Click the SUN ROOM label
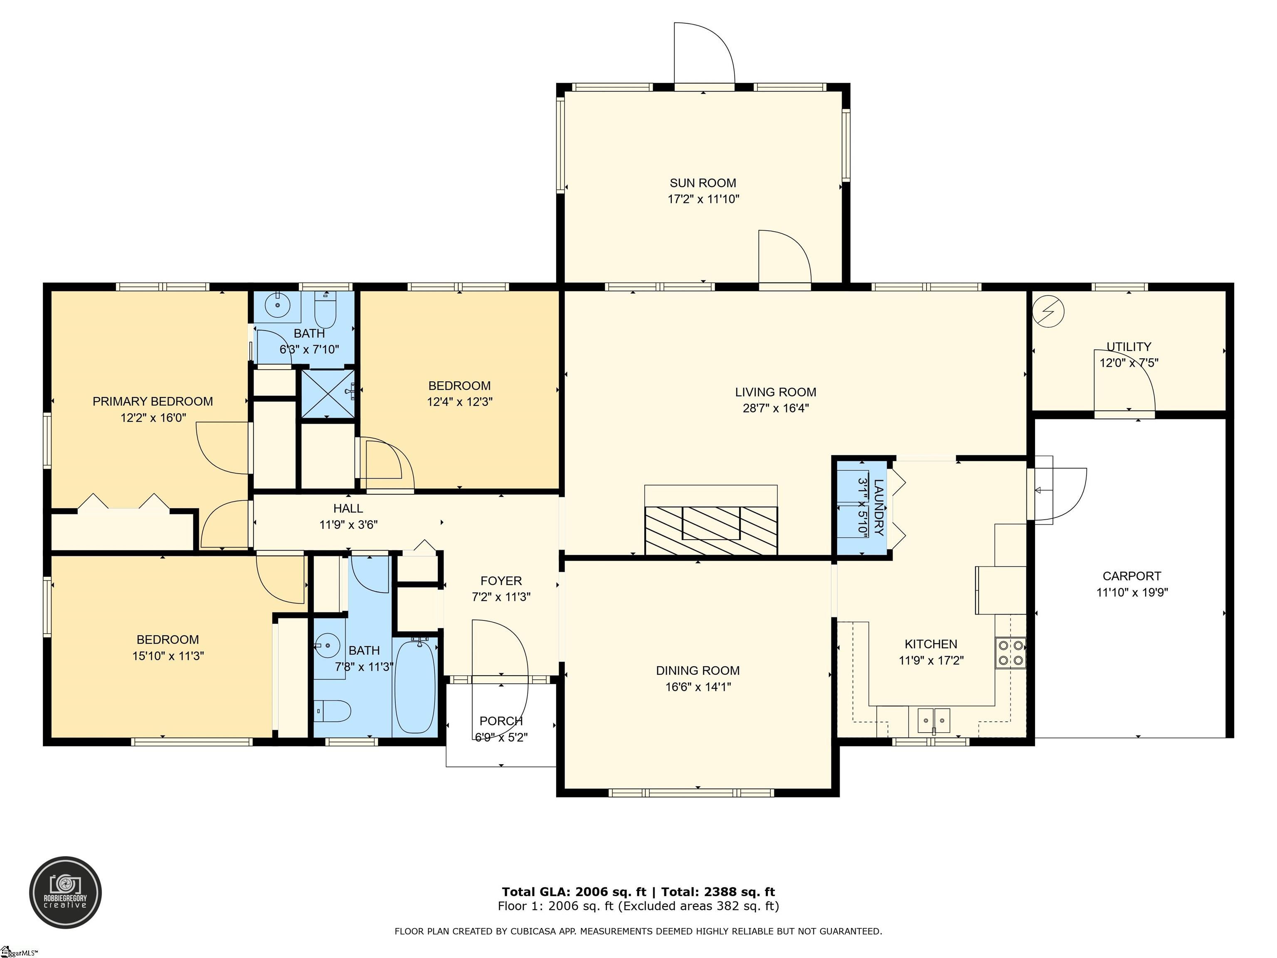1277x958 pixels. tap(703, 183)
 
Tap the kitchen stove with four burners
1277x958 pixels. tap(1010, 652)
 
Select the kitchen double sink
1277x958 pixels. tap(934, 720)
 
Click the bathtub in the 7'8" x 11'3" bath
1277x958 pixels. tap(414, 687)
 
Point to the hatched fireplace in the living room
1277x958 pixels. tap(711, 530)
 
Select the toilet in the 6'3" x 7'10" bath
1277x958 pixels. tap(325, 310)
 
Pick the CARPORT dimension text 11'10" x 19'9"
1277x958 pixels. tap(1132, 592)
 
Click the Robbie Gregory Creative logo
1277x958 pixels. tap(65, 892)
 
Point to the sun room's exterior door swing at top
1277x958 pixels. tap(704, 55)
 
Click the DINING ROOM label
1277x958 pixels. tap(698, 670)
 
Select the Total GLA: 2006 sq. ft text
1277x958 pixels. tap(574, 891)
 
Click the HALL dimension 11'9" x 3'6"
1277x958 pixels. tap(348, 525)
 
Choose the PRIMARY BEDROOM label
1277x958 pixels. tap(153, 401)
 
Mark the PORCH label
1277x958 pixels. tap(500, 721)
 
